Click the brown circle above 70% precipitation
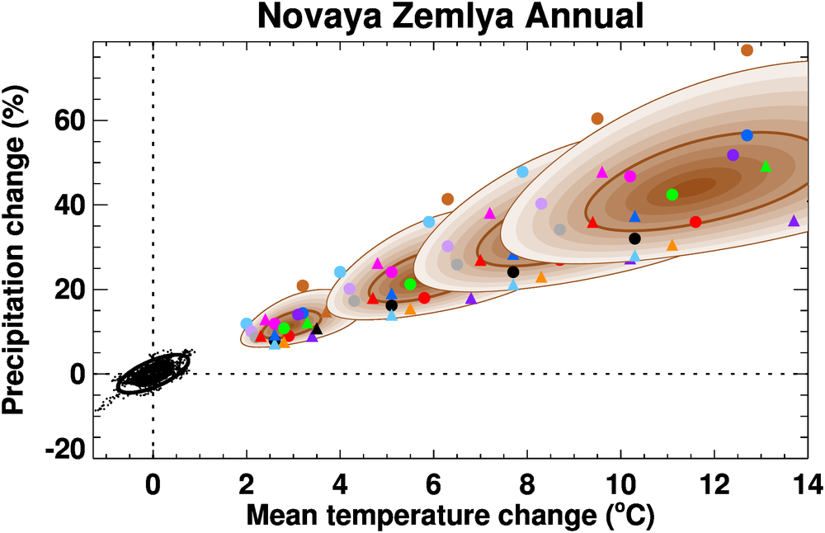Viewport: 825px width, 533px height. (747, 50)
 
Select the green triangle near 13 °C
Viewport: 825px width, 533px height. (766, 166)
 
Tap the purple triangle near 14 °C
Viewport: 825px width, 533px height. (794, 221)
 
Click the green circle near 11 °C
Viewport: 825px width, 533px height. (672, 195)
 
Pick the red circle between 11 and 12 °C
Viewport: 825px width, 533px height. (695, 222)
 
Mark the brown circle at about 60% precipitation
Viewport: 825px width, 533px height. (597, 119)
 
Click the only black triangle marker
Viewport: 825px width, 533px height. (317, 328)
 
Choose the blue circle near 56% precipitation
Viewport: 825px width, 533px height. (747, 135)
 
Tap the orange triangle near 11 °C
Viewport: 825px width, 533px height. (672, 245)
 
